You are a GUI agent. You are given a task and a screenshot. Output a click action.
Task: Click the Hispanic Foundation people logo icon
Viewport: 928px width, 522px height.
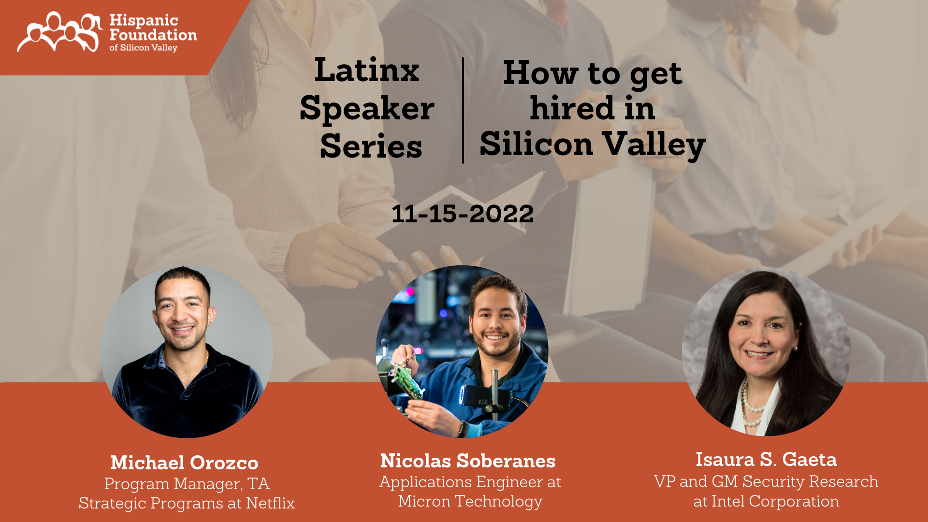59,32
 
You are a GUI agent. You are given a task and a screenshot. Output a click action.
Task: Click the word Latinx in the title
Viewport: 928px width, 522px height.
366,71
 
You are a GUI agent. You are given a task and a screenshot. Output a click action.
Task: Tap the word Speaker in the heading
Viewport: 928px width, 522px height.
366,108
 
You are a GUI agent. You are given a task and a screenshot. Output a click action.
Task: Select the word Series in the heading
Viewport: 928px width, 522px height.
371,146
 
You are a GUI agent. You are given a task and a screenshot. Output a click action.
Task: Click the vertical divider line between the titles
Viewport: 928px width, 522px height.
463,110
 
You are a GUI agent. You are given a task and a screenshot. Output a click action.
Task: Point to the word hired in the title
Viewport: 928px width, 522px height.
572,108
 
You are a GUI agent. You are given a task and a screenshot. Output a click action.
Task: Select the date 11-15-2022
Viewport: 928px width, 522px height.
463,214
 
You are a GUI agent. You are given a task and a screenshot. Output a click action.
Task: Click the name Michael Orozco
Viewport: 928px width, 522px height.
184,463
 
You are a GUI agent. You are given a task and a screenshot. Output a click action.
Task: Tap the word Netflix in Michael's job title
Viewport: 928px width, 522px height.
270,503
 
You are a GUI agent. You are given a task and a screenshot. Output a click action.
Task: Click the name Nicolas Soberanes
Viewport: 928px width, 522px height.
467,461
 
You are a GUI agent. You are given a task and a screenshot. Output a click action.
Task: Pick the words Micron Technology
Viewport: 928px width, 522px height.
470,501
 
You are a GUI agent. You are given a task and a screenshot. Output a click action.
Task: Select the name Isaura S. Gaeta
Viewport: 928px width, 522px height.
766,459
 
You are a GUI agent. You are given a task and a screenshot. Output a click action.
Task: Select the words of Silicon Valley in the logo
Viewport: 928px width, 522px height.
143,48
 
